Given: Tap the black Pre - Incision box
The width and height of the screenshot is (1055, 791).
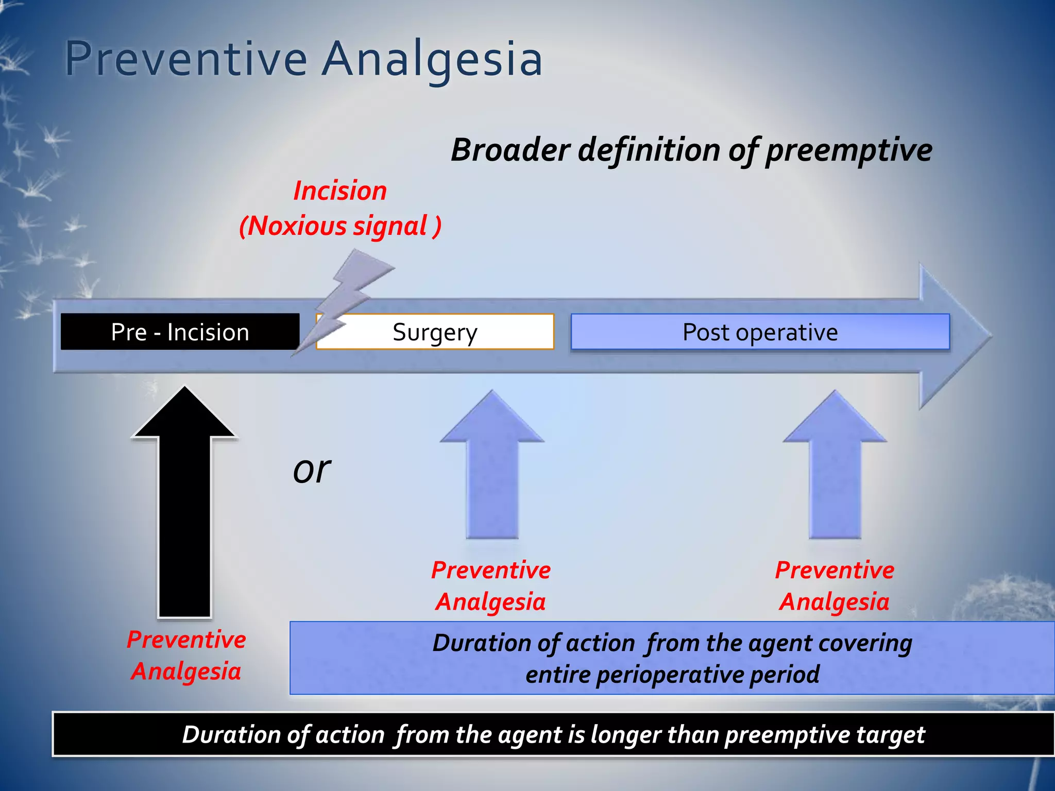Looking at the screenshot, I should pyautogui.click(x=180, y=332).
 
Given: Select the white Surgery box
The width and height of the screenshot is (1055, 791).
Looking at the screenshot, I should pyautogui.click(x=435, y=332).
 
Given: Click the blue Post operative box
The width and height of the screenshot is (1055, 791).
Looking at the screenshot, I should pyautogui.click(x=760, y=332).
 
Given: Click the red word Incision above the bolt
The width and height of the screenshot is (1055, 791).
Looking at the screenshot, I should pyautogui.click(x=340, y=191).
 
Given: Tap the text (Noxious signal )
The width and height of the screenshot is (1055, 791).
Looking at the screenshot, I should pyautogui.click(x=340, y=226).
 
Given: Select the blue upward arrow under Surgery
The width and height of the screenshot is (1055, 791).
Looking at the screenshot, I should pyautogui.click(x=492, y=469).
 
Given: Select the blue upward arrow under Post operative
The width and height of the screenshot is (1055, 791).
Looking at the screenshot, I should pyautogui.click(x=835, y=469).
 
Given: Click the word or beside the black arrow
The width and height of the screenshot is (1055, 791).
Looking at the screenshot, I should pyautogui.click(x=312, y=470).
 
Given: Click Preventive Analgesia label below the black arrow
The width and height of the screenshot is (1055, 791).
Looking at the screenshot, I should pyautogui.click(x=186, y=655).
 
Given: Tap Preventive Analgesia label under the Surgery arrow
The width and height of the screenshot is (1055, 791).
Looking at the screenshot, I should pyautogui.click(x=491, y=586).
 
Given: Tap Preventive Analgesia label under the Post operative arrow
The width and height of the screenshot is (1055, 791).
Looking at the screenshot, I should pyautogui.click(x=835, y=586).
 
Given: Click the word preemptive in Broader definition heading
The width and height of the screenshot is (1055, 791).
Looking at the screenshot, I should pyautogui.click(x=848, y=150).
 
